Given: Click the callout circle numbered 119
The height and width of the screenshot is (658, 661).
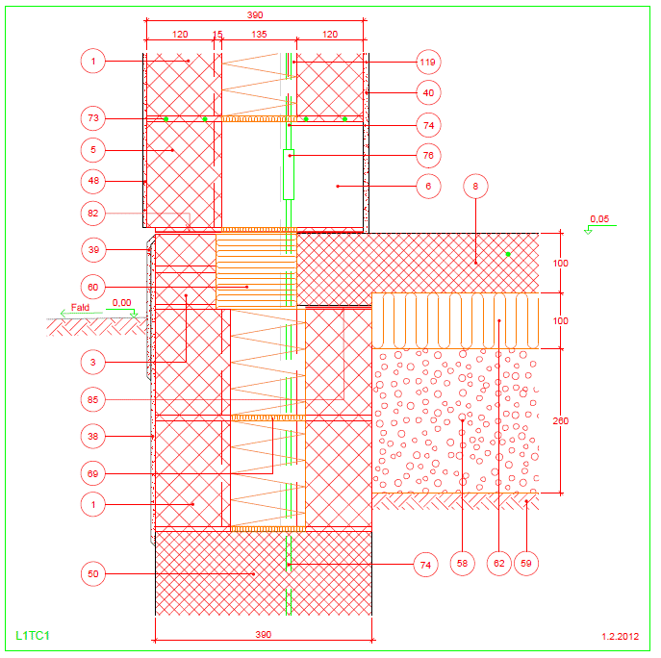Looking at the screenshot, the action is (428, 62).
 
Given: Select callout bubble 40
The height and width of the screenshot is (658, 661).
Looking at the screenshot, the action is (428, 92).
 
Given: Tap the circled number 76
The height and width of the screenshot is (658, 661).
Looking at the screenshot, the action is (428, 156).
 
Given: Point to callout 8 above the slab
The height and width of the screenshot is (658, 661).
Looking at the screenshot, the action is (475, 187).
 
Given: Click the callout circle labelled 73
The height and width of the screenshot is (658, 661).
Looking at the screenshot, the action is (93, 118).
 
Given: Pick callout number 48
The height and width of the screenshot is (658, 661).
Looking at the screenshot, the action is (93, 181).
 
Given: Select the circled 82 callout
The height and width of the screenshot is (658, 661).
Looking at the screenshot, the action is (93, 214).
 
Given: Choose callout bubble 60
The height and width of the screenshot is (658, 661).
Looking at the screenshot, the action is (93, 287).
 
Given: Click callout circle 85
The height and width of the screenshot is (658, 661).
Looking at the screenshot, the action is (93, 399).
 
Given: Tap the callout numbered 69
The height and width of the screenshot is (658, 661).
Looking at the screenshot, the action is (93, 474).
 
